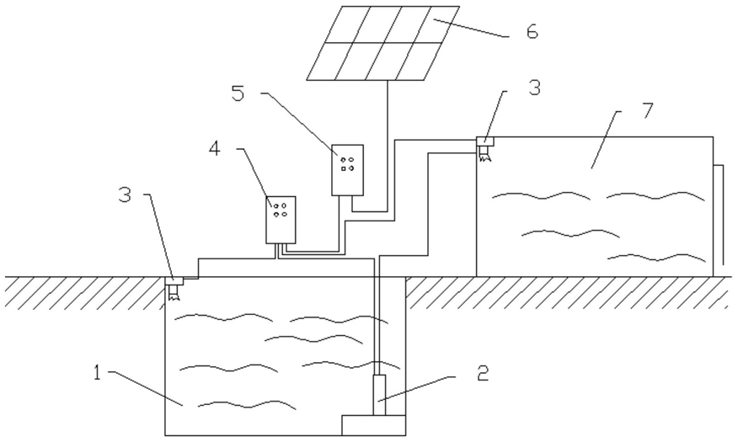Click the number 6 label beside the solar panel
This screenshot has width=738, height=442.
[531, 32]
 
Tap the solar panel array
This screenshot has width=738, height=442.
[382, 44]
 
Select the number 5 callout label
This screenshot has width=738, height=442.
[238, 93]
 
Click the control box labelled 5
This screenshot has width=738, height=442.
[348, 169]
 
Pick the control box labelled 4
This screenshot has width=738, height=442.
[281, 219]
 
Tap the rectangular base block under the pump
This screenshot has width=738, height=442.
[373, 424]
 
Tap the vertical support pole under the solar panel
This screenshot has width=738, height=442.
[387, 143]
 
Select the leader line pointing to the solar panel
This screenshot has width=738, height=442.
[472, 27]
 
